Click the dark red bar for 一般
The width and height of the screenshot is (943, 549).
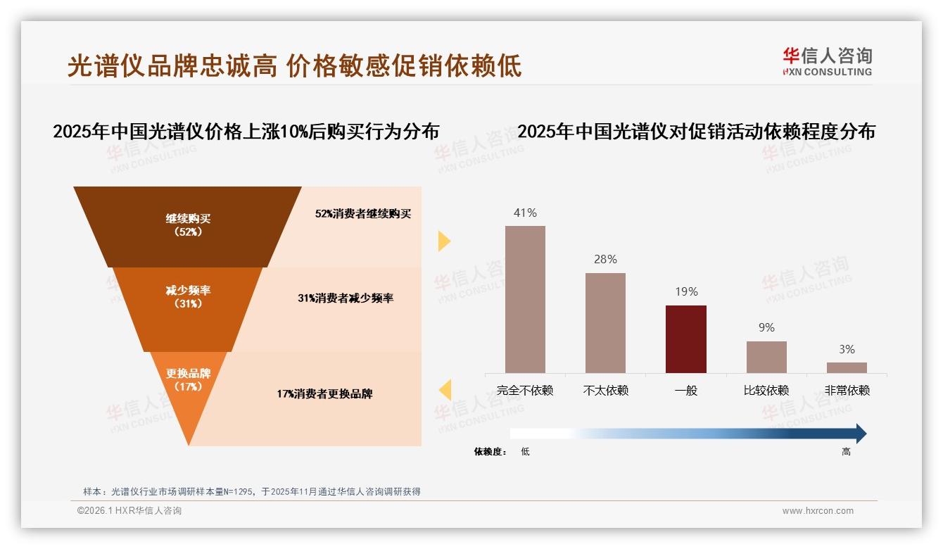point(685,339)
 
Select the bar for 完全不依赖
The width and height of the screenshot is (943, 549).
point(525,299)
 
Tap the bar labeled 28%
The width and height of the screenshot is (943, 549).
point(605,322)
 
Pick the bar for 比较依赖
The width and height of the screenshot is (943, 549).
point(766,357)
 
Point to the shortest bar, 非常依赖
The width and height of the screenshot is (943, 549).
point(847,367)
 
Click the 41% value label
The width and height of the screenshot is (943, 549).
point(525,213)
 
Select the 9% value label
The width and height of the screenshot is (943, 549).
point(766,328)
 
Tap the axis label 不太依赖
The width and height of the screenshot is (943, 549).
point(605,391)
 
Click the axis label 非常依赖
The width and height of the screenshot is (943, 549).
point(847,391)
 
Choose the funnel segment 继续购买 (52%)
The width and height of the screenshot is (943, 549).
point(188,225)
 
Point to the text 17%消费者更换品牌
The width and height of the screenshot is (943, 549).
point(324,394)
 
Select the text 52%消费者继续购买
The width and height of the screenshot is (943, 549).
point(362,214)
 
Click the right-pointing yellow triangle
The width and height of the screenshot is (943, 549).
point(444,241)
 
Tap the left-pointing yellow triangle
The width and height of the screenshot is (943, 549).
point(445,389)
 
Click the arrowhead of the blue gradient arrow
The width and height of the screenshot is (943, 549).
point(860,434)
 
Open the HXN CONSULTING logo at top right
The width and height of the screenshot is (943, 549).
point(827,62)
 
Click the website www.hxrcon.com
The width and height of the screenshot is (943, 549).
point(818,511)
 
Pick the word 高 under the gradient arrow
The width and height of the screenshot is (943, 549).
point(846,452)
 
